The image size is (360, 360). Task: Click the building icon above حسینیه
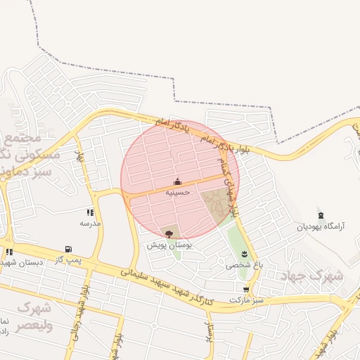click(177, 181)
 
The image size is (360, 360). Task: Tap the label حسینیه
click(177, 191)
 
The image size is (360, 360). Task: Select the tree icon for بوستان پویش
click(169, 233)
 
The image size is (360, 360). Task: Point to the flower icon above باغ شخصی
click(244, 254)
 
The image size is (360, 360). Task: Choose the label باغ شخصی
click(241, 266)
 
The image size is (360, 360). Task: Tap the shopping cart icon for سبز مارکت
click(245, 289)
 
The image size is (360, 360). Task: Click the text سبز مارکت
click(245, 300)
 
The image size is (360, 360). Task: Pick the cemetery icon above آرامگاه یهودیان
click(321, 214)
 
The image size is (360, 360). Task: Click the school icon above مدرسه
click(90, 212)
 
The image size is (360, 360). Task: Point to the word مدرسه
click(90, 223)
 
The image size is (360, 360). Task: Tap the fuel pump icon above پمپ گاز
click(67, 249)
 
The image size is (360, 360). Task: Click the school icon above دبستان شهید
click(9, 251)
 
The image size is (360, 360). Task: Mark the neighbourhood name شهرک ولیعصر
click(34, 316)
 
